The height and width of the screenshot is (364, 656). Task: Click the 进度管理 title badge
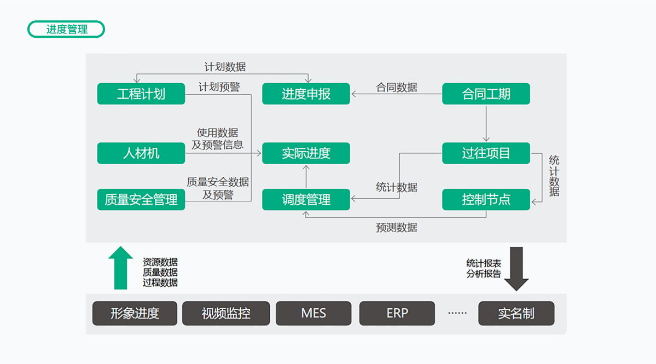(66, 29)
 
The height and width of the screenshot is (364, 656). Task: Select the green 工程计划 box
(141, 94)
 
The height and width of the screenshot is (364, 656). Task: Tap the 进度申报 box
(306, 94)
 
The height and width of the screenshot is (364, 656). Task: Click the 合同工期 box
(486, 94)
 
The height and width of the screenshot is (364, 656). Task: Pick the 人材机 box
(141, 153)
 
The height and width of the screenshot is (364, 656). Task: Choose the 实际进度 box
(306, 153)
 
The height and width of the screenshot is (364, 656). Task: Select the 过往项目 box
(486, 153)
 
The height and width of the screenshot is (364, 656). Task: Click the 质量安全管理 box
(141, 200)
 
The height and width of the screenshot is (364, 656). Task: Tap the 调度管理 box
(306, 200)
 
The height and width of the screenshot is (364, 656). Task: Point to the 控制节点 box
(486, 200)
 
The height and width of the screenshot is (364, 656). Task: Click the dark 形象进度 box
(135, 314)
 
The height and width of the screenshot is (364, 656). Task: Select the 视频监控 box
(226, 314)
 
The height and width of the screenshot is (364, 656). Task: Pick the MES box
(314, 314)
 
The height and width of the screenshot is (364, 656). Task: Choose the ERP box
(397, 314)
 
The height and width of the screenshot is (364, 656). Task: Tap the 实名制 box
(516, 314)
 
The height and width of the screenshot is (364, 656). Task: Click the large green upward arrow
(120, 267)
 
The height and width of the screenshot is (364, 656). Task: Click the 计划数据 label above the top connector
(225, 67)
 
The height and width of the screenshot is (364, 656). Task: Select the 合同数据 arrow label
(397, 87)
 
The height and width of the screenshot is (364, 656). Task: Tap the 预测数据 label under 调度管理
(397, 227)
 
